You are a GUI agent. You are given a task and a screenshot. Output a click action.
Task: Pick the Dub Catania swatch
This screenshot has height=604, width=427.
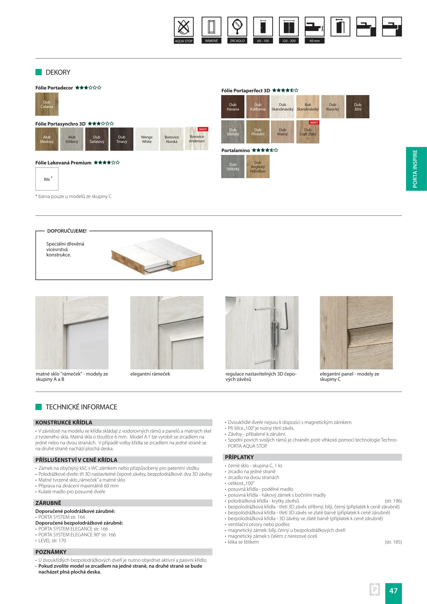click(47, 104)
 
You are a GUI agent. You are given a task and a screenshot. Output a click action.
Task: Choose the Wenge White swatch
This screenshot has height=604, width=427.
click(147, 139)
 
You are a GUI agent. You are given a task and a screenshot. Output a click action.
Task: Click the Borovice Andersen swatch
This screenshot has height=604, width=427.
click(197, 139)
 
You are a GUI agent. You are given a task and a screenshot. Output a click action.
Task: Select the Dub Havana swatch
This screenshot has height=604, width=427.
click(233, 107)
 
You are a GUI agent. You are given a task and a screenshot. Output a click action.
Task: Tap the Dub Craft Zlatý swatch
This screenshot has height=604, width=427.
click(308, 132)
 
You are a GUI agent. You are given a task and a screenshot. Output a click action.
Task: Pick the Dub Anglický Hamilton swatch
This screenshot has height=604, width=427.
click(258, 167)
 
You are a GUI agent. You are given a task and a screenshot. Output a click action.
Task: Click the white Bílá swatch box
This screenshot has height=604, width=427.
click(47, 179)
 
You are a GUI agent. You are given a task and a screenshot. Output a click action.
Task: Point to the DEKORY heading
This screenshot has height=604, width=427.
click(58, 72)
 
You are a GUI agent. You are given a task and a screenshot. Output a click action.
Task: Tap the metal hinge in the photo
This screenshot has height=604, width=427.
click(275, 333)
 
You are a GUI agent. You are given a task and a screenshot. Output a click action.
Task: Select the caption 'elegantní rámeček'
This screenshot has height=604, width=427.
click(150, 374)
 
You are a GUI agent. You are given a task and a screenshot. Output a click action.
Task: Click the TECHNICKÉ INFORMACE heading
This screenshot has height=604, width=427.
click(81, 407)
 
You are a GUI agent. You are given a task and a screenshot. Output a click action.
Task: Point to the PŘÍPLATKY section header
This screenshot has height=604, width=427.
click(239, 457)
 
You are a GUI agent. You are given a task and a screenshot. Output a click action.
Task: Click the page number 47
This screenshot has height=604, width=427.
click(393, 591)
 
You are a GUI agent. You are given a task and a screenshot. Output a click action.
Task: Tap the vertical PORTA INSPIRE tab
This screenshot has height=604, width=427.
click(416, 169)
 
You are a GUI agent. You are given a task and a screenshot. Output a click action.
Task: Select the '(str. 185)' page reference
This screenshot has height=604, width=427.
click(393, 542)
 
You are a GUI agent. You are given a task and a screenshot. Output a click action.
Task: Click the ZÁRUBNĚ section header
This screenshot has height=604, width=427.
click(48, 503)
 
